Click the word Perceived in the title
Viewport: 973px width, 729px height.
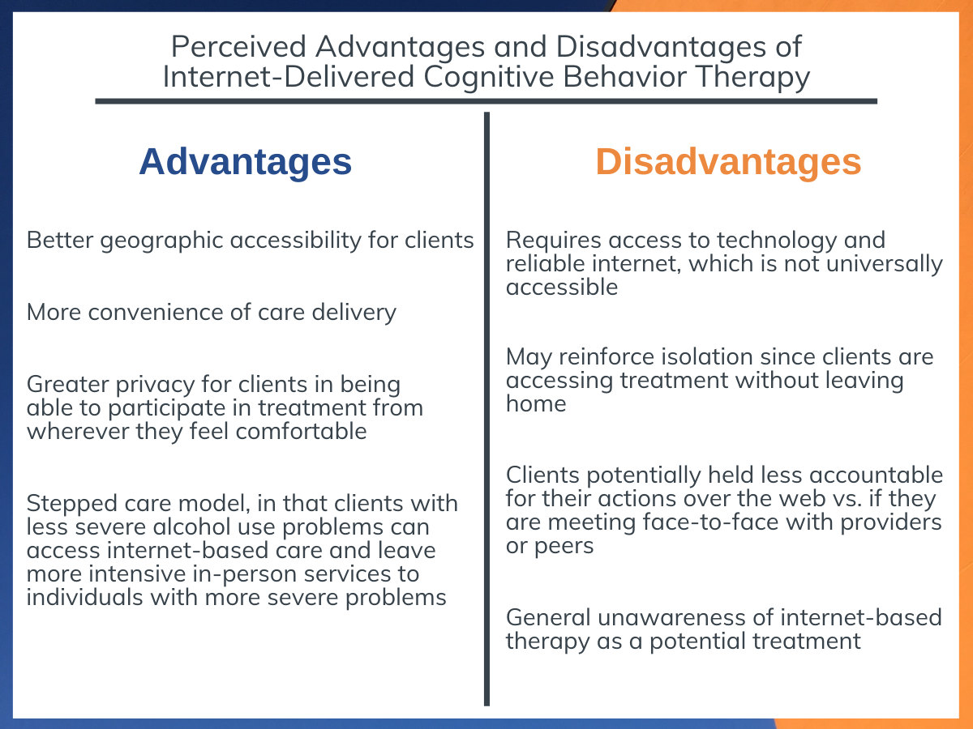238,46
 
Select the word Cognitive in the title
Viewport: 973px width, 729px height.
488,78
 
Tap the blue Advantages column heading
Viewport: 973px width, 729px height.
245,162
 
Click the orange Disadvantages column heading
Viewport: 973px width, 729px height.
728,161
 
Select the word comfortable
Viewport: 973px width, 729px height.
301,431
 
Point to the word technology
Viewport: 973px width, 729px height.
776,241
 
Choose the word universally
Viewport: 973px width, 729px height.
885,265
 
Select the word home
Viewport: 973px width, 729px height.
536,403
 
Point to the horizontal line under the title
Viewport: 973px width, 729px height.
486,101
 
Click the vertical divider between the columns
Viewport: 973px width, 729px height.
486,409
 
